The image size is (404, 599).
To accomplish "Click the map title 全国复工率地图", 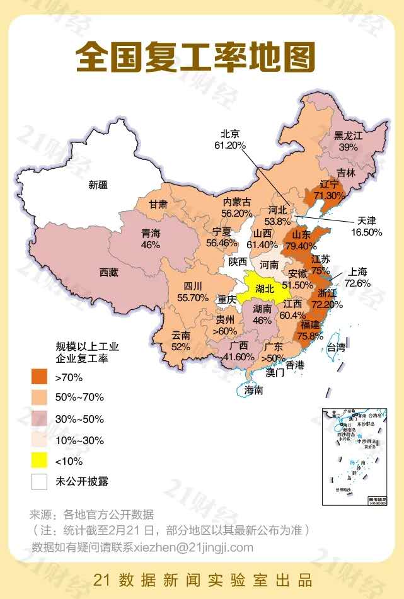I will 195,57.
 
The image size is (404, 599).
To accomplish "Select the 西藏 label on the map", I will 108,273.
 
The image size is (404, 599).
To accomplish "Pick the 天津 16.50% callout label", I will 366,226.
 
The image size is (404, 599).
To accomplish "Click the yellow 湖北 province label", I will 265,289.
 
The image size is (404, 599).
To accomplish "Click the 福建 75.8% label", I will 311,330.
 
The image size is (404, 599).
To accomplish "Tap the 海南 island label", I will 253,391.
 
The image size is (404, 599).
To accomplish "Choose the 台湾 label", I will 337,347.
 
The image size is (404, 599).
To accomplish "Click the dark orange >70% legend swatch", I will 40,377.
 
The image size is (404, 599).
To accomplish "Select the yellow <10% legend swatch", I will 40,460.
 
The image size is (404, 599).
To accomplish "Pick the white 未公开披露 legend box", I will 40,481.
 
